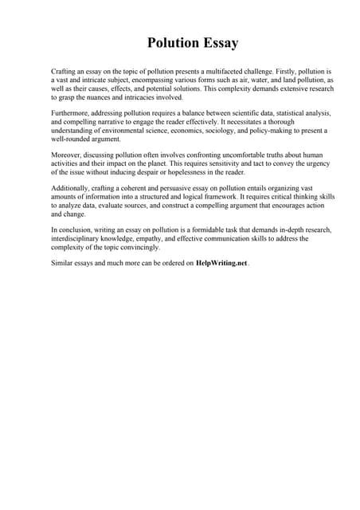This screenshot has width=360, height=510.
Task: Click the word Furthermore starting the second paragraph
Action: coord(73,115)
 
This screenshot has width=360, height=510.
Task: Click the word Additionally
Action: coord(72,189)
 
